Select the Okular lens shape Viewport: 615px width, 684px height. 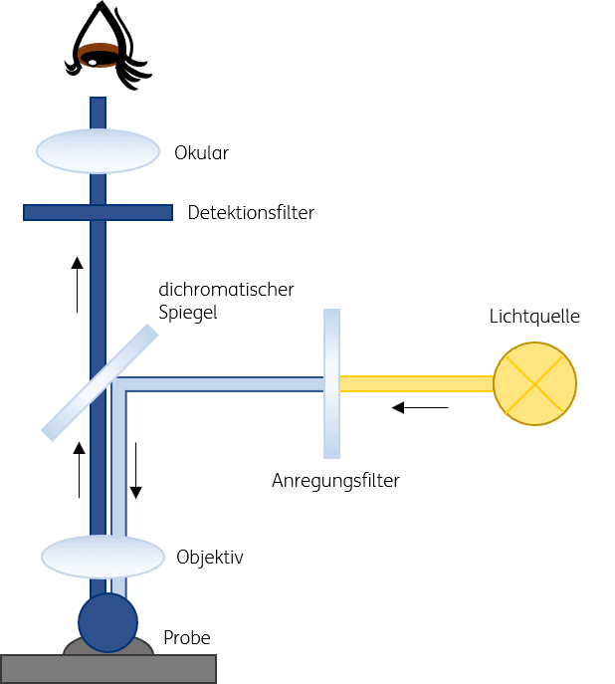click(99, 151)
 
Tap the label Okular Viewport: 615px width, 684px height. click(201, 153)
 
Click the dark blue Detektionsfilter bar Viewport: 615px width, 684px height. click(99, 212)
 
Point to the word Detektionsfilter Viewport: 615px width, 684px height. click(251, 213)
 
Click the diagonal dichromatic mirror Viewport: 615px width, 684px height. click(100, 382)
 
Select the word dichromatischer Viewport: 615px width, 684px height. click(226, 289)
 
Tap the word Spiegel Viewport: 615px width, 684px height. click(188, 313)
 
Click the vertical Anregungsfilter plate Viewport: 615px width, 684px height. click(331, 384)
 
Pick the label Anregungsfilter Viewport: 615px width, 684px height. click(335, 481)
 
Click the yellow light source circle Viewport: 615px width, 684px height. click(534, 384)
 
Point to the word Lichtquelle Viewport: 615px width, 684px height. click(534, 317)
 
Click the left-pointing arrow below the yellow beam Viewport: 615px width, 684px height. click(420, 408)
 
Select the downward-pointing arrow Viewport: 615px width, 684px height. click(136, 471)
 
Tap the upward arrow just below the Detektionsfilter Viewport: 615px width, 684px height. click(78, 285)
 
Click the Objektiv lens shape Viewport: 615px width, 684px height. click(102, 558)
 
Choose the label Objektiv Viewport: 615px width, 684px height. click(210, 558)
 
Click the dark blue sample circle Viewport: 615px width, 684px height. click(108, 623)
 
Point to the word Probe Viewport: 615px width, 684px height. click(187, 638)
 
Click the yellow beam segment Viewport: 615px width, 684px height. click(417, 384)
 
